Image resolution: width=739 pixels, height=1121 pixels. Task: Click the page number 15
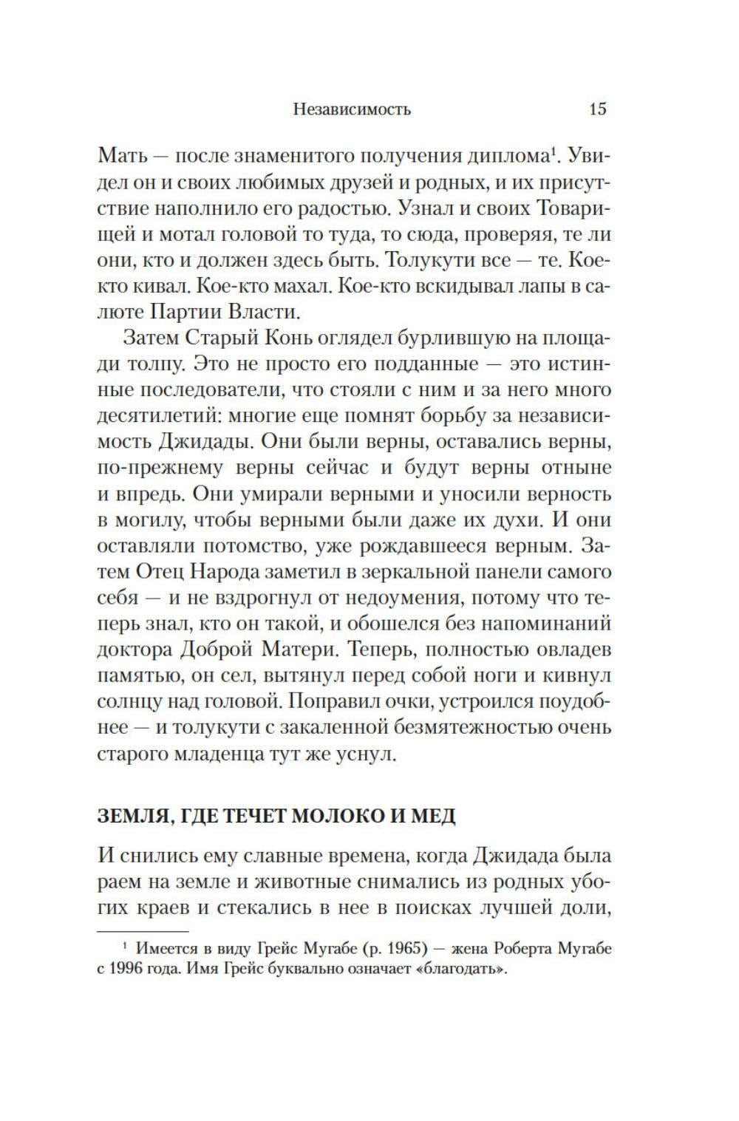point(597,109)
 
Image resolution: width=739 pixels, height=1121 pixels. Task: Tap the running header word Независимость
point(352,110)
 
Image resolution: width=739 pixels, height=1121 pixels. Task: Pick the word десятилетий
point(153,416)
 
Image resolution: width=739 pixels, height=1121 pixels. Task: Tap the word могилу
point(149,519)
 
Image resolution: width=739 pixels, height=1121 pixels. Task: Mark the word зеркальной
point(442,572)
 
